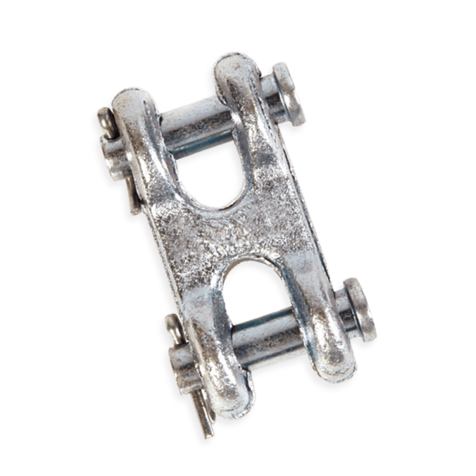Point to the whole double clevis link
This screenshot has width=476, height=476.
(x=238, y=238)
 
